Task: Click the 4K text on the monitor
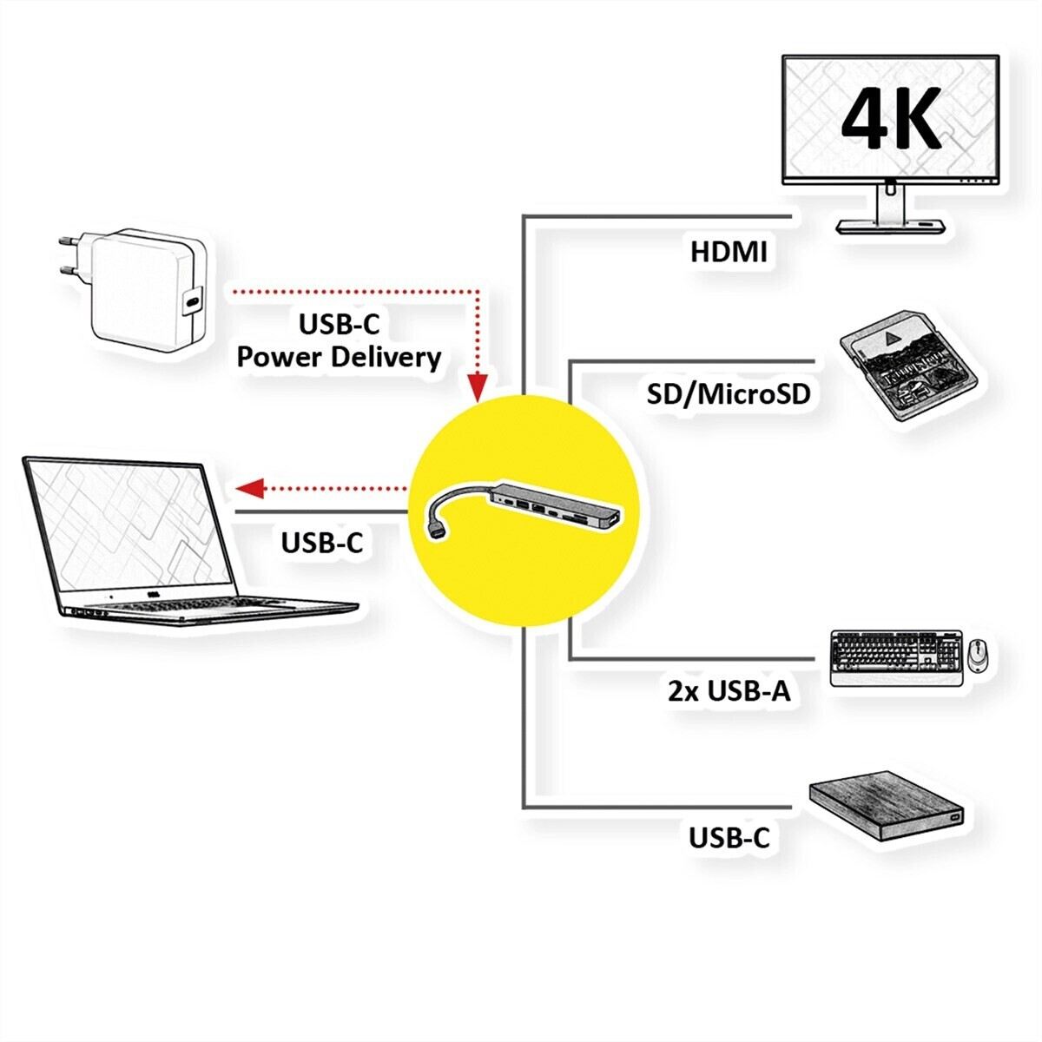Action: [x=893, y=118]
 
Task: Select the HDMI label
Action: [x=729, y=253]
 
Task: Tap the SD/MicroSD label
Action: [x=729, y=395]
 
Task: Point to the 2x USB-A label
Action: [x=729, y=691]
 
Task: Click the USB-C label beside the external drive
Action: [x=729, y=838]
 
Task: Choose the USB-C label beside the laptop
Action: [x=322, y=543]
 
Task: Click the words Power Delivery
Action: [x=339, y=358]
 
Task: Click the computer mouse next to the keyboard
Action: [x=977, y=656]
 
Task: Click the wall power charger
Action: [x=133, y=290]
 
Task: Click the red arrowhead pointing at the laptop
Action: [x=250, y=488]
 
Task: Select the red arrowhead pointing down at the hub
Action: [x=478, y=387]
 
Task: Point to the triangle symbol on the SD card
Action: [x=890, y=339]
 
